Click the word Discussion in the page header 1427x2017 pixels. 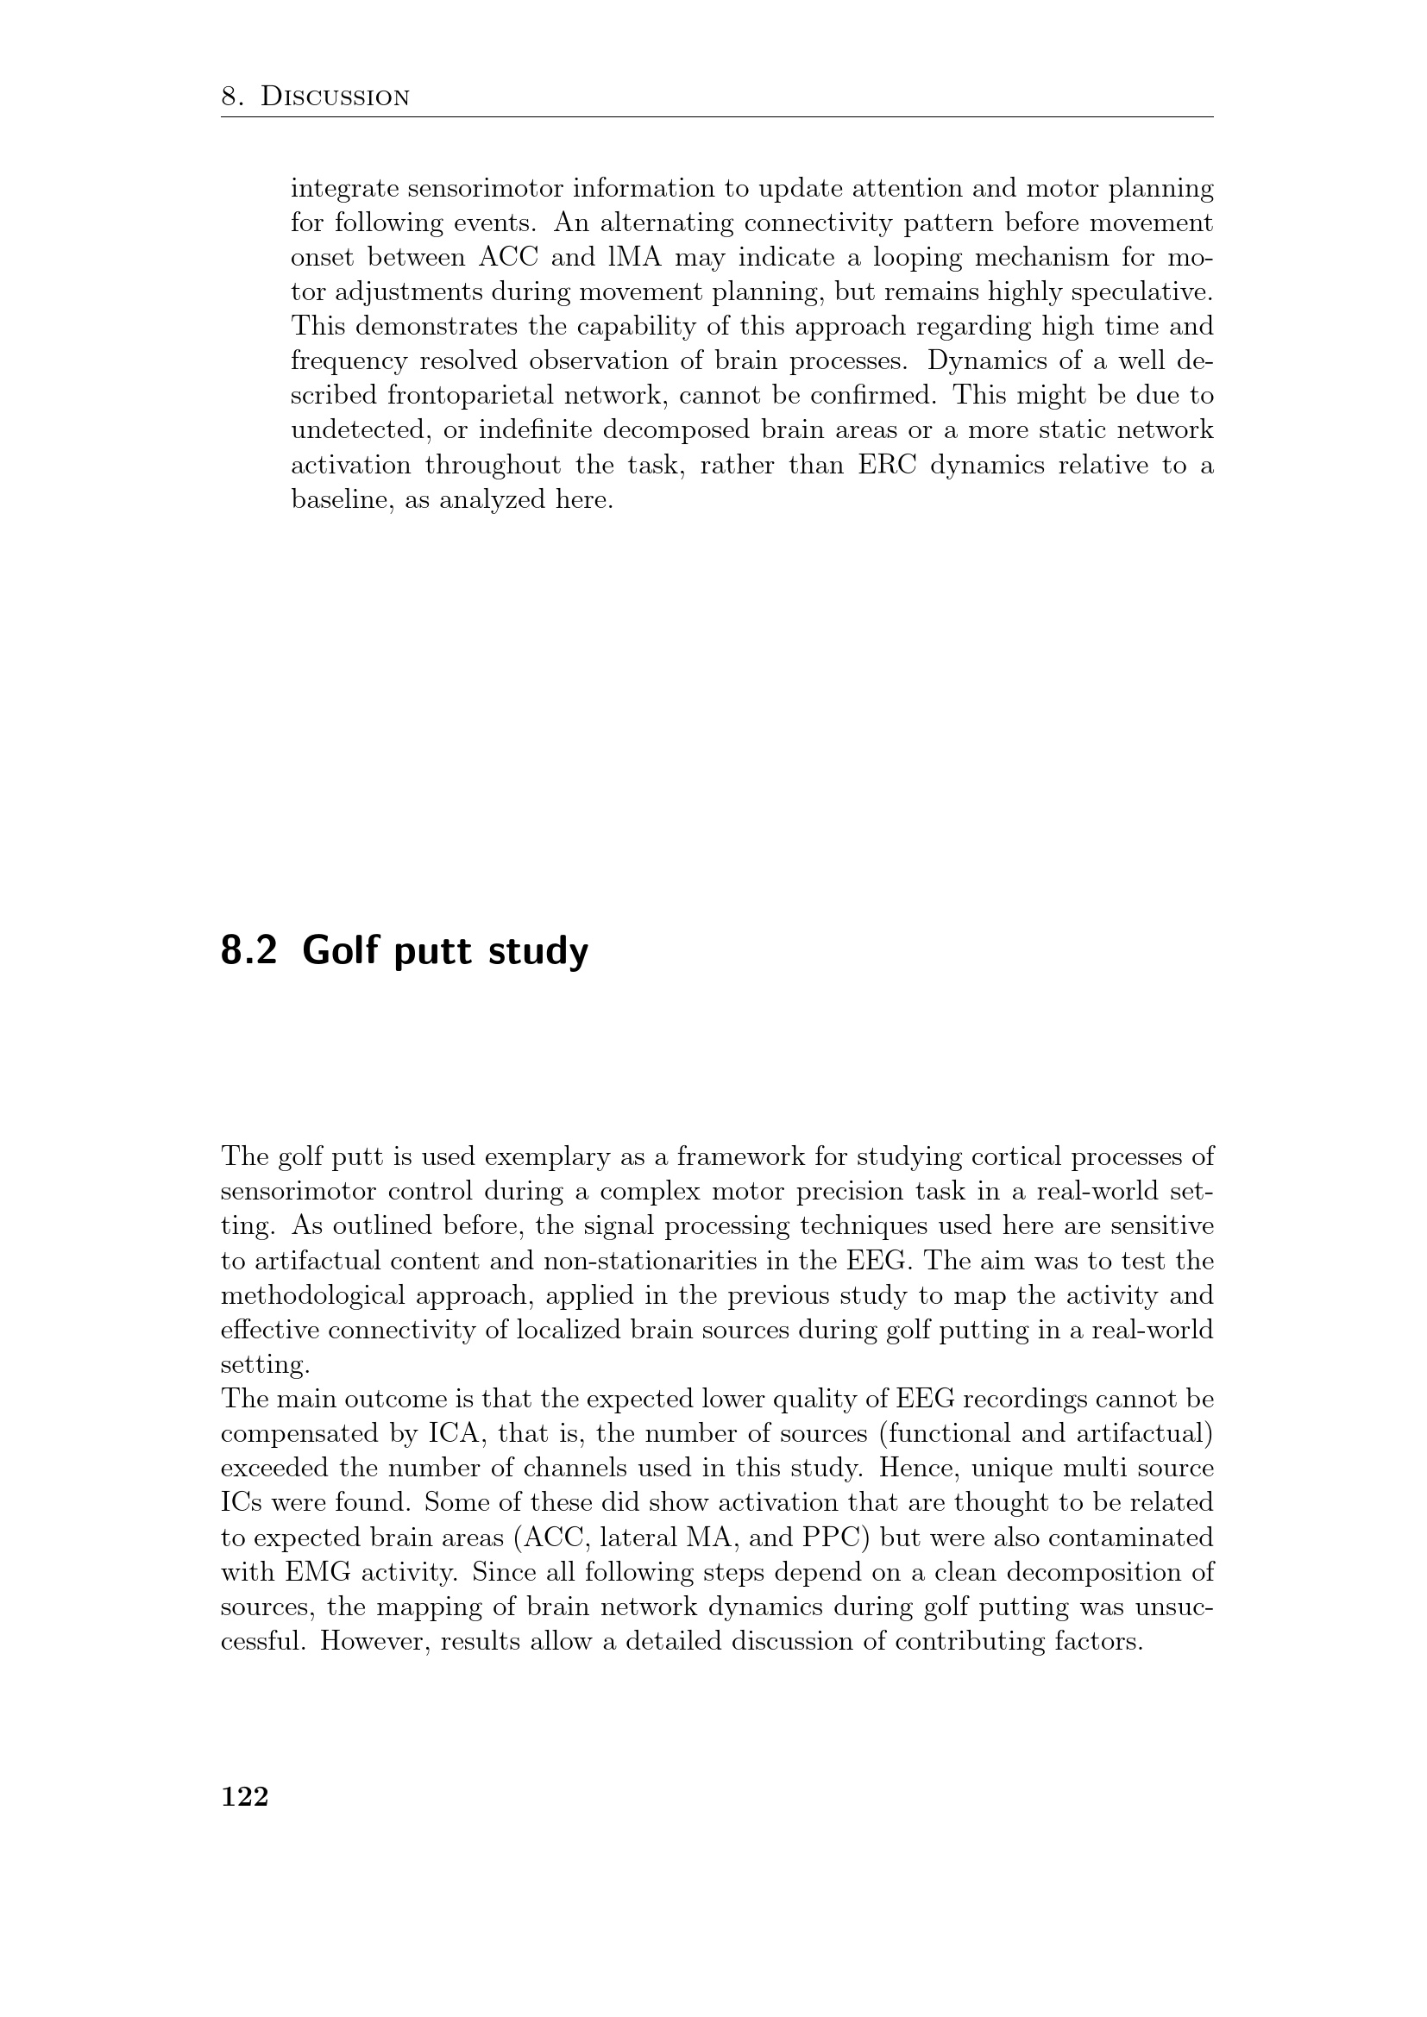point(336,97)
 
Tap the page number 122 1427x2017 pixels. point(244,1796)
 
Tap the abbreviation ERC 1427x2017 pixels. point(887,465)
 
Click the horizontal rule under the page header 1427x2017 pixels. point(716,116)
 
